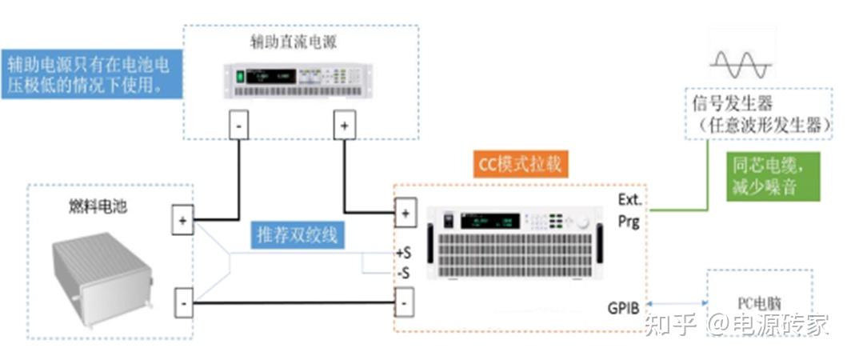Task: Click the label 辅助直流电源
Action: (300, 42)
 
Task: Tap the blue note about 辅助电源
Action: (90, 74)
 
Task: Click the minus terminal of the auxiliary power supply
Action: (240, 125)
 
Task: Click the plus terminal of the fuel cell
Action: (183, 221)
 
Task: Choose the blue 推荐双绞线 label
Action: (296, 235)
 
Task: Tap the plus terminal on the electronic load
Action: (406, 213)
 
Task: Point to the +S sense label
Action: (403, 254)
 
